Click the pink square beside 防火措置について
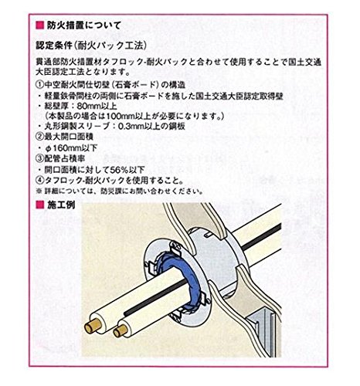40,25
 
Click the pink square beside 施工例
40,205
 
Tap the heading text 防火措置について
83,25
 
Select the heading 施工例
61,205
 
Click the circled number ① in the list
40,85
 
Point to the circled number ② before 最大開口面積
40,137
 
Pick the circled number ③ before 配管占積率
40,158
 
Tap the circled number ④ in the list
40,180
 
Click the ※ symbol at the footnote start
39,191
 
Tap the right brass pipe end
121,331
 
